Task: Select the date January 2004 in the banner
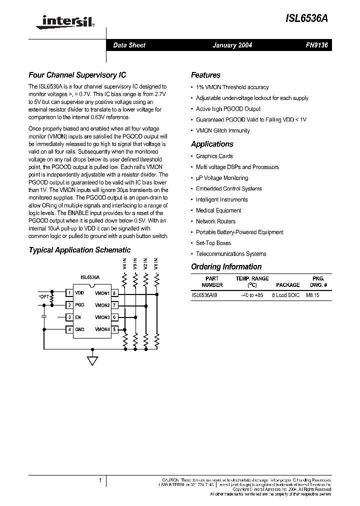click(x=232, y=45)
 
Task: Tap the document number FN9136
click(x=317, y=45)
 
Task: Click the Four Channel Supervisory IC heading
click(x=77, y=75)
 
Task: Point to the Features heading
click(x=205, y=75)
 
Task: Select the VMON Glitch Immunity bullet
click(x=222, y=130)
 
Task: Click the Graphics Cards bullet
click(x=214, y=156)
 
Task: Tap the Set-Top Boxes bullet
click(x=213, y=243)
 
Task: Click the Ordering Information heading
click(x=226, y=267)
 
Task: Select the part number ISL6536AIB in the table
click(x=204, y=295)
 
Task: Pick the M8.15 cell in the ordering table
click(x=312, y=295)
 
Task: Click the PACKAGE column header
click(x=287, y=285)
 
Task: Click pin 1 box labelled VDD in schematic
click(x=69, y=293)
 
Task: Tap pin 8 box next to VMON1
click(x=114, y=293)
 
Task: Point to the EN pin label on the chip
click(x=78, y=317)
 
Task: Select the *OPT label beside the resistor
click(x=44, y=296)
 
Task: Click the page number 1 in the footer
click(x=100, y=481)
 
